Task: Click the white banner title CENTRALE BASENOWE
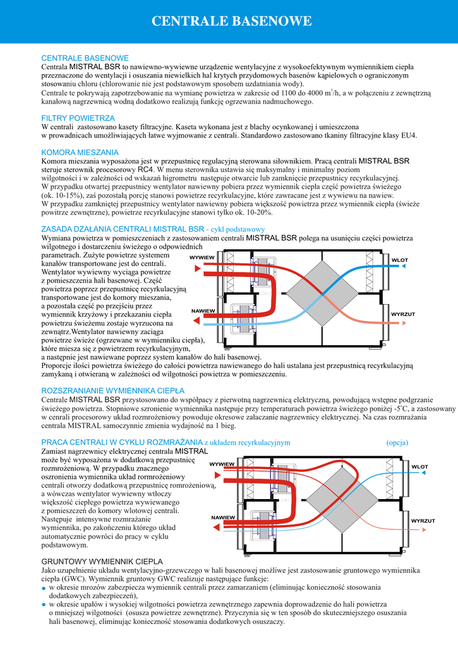(232, 21)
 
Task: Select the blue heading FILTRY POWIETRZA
(78, 118)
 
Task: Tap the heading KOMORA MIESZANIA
(80, 152)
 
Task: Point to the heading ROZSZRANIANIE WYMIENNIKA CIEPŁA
(112, 390)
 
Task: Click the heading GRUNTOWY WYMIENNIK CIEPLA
(102, 561)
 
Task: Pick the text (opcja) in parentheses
(397, 442)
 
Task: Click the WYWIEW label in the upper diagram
(202, 258)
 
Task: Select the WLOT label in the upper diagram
(399, 260)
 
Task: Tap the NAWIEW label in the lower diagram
(223, 517)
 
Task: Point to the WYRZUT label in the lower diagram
(423, 520)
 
